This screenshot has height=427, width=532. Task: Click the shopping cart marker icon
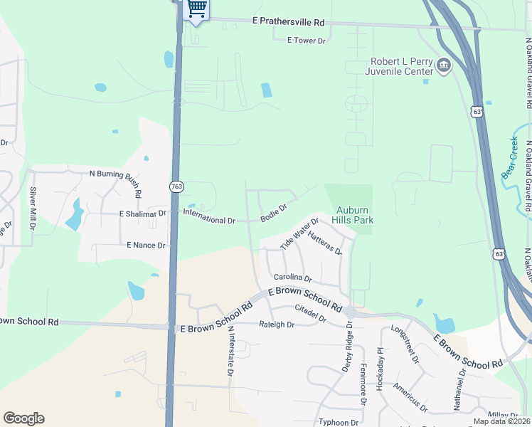pyautogui.click(x=197, y=9)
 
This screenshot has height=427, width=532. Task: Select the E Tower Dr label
pyautogui.click(x=306, y=41)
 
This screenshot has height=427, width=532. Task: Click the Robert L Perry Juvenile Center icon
pyautogui.click(x=444, y=66)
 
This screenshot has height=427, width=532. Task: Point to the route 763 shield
pyautogui.click(x=176, y=186)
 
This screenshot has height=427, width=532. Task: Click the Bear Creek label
pyautogui.click(x=510, y=157)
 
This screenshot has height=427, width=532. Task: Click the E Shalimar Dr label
pyautogui.click(x=142, y=213)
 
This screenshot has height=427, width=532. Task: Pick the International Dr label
pyautogui.click(x=209, y=221)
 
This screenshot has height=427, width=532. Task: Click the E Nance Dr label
pyautogui.click(x=146, y=245)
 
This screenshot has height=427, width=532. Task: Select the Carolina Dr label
pyautogui.click(x=293, y=277)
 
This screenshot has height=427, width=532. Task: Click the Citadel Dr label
pyautogui.click(x=310, y=314)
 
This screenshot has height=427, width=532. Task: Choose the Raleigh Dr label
pyautogui.click(x=277, y=324)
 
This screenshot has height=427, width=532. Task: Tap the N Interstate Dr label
pyautogui.click(x=230, y=352)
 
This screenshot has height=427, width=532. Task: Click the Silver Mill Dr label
pyautogui.click(x=32, y=207)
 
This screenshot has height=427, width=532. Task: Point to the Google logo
pyautogui.click(x=23, y=418)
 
